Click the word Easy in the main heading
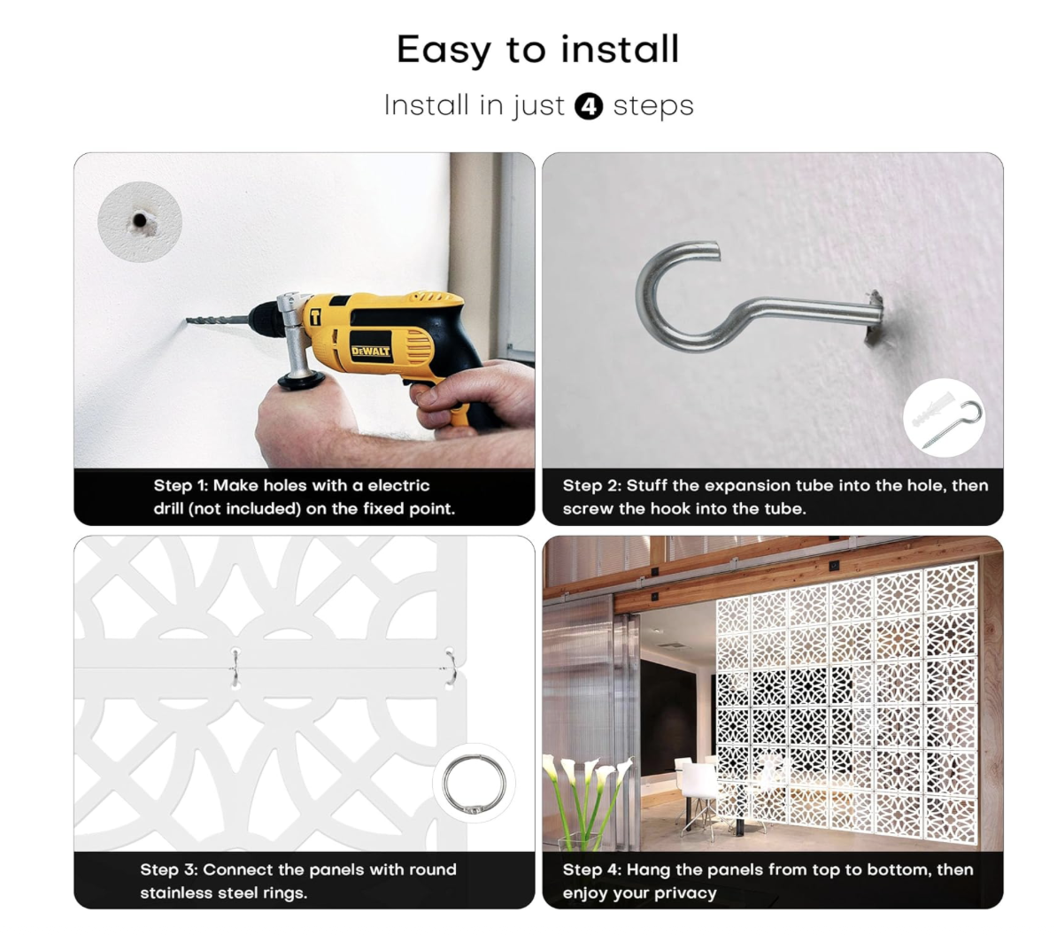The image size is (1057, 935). tap(444, 50)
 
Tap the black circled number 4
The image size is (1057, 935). tap(589, 106)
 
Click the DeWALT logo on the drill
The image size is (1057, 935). tap(371, 352)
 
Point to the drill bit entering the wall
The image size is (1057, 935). tap(217, 321)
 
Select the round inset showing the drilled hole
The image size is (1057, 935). tap(140, 221)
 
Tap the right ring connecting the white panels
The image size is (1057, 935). tap(451, 668)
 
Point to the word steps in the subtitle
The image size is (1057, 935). tap(653, 106)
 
